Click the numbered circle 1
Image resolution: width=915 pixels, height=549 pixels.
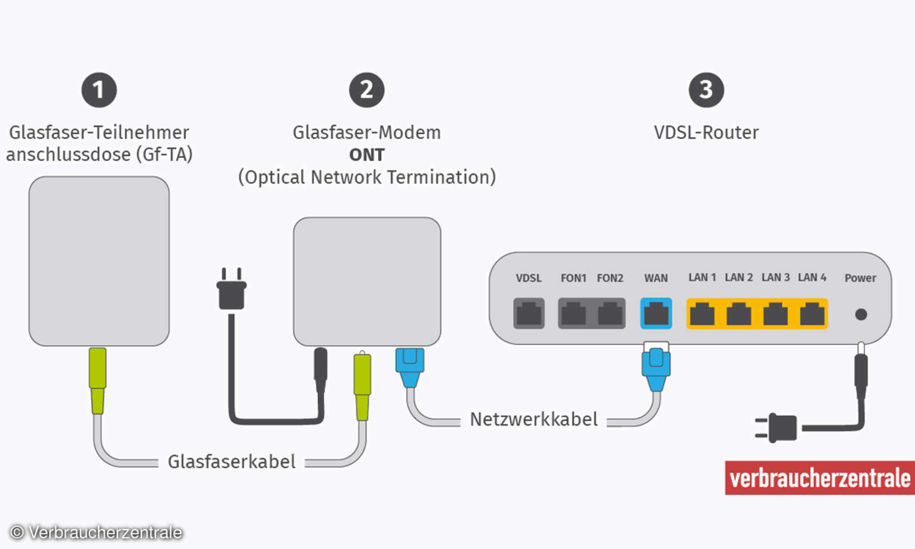click(x=99, y=90)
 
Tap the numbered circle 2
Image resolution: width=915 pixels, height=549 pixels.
click(x=367, y=90)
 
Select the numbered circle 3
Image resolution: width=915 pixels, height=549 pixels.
click(x=706, y=90)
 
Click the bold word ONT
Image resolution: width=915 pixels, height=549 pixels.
click(x=367, y=155)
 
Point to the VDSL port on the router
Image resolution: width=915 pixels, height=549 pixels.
click(x=529, y=313)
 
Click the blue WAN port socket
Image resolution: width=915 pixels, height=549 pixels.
click(x=656, y=313)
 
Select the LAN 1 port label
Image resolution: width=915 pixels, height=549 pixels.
click(x=702, y=277)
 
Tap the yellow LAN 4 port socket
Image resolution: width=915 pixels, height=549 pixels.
click(x=812, y=313)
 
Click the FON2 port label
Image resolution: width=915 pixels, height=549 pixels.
click(x=610, y=278)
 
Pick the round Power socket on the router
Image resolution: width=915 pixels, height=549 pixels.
click(x=861, y=314)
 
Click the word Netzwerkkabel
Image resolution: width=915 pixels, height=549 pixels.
click(x=534, y=419)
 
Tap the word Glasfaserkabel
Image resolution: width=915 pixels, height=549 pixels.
click(x=232, y=462)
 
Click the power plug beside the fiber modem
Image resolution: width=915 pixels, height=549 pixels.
click(x=232, y=291)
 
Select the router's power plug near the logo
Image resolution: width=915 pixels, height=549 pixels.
click(x=778, y=428)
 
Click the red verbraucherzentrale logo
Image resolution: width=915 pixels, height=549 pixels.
click(x=819, y=478)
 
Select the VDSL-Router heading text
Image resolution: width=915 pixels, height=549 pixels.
click(x=706, y=133)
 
